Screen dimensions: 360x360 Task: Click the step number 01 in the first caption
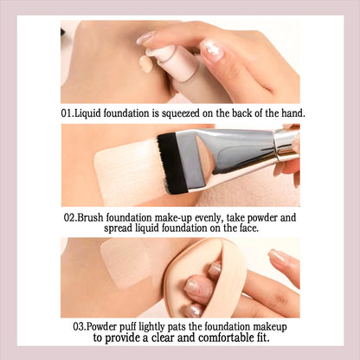tap(67, 113)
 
